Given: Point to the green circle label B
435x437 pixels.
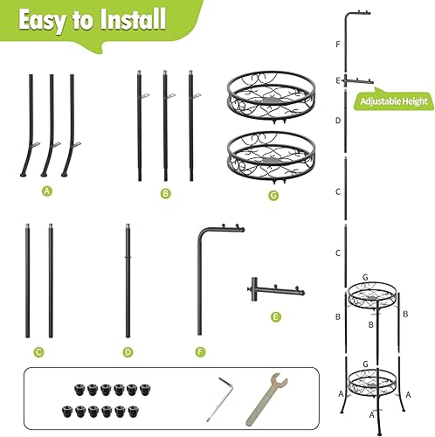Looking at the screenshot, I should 165,192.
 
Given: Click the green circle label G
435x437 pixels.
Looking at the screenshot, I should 273,195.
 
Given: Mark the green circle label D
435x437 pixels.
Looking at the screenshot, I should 128,352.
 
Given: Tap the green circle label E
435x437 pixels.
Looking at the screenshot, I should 276,317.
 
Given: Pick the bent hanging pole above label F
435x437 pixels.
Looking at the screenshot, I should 207,280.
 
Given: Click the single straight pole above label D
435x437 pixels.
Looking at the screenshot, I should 128,280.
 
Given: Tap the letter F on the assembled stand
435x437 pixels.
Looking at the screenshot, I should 337,43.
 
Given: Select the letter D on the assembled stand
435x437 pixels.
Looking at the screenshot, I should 337,121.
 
